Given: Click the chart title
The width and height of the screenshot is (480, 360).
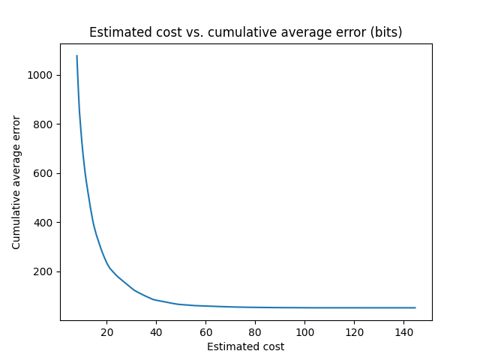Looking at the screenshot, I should point(245,32).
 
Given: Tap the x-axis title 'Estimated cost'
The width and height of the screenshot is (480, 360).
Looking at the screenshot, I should point(245,346).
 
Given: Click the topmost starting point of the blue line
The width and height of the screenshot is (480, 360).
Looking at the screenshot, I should point(76,55).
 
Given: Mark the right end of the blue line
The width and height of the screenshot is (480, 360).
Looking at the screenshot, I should point(415,307).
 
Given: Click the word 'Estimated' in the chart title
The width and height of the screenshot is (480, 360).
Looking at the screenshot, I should point(115,32).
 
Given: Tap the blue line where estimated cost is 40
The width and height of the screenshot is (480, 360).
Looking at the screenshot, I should point(156,300).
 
